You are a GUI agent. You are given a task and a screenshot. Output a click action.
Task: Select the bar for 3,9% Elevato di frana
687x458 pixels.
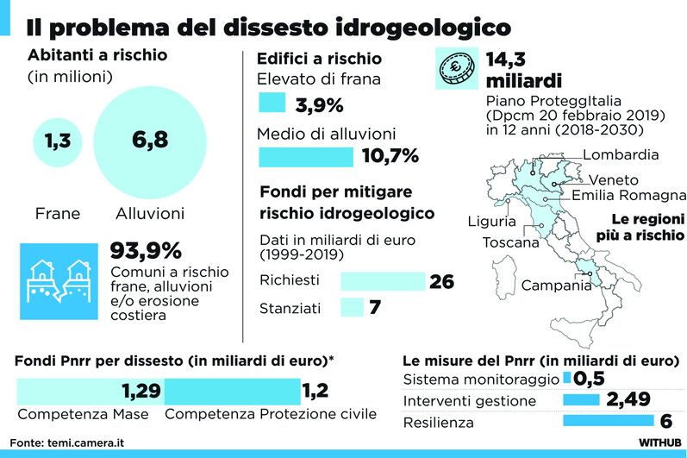tap(272, 104)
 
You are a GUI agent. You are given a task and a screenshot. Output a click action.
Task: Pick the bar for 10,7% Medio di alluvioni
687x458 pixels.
tap(306, 156)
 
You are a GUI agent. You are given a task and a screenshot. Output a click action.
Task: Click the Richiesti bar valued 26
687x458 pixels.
tap(383, 281)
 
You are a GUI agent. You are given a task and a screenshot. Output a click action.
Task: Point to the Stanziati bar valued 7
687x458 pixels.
tap(352, 307)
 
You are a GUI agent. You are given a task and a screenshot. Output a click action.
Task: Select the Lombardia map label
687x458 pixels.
tap(620, 155)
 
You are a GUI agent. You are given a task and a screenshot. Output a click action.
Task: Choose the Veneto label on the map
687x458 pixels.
tap(613, 180)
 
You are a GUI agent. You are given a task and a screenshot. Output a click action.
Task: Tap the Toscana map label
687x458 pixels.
tap(511, 242)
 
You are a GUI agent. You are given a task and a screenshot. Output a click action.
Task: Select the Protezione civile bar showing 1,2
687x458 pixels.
tap(232, 391)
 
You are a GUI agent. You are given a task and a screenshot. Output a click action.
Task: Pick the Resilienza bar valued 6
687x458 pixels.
tap(608, 422)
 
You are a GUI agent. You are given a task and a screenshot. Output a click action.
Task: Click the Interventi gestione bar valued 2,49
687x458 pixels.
tap(582, 400)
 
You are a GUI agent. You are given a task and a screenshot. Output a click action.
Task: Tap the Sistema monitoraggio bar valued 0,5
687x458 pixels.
tap(566, 379)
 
